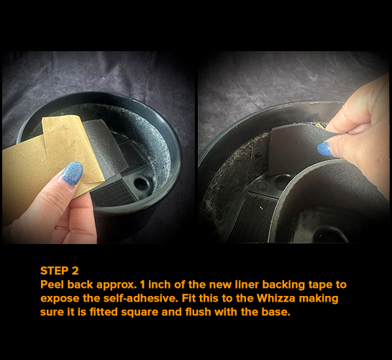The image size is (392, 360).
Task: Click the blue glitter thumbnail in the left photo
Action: [x=71, y=174]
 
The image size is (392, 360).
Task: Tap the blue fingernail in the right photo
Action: [x=326, y=149]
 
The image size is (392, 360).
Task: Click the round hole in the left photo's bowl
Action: [x=141, y=184]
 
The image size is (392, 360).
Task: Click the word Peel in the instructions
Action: [x=53, y=284]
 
